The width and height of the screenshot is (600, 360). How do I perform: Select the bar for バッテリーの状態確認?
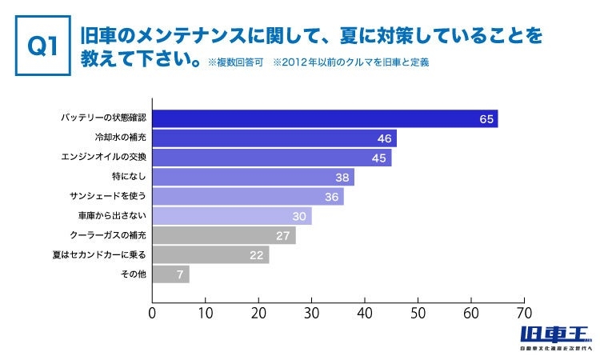(325, 118)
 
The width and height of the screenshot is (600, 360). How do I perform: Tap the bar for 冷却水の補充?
(274, 138)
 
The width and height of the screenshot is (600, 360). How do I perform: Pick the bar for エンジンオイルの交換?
(272, 158)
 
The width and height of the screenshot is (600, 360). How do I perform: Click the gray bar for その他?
(170, 274)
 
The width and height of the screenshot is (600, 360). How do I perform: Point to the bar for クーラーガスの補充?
(224, 235)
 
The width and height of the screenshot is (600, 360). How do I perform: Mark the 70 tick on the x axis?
(525, 313)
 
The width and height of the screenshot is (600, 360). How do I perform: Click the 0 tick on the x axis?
(152, 313)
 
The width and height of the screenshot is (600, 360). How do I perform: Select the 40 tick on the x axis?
(365, 313)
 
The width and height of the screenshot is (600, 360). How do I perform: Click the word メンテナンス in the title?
(169, 37)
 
